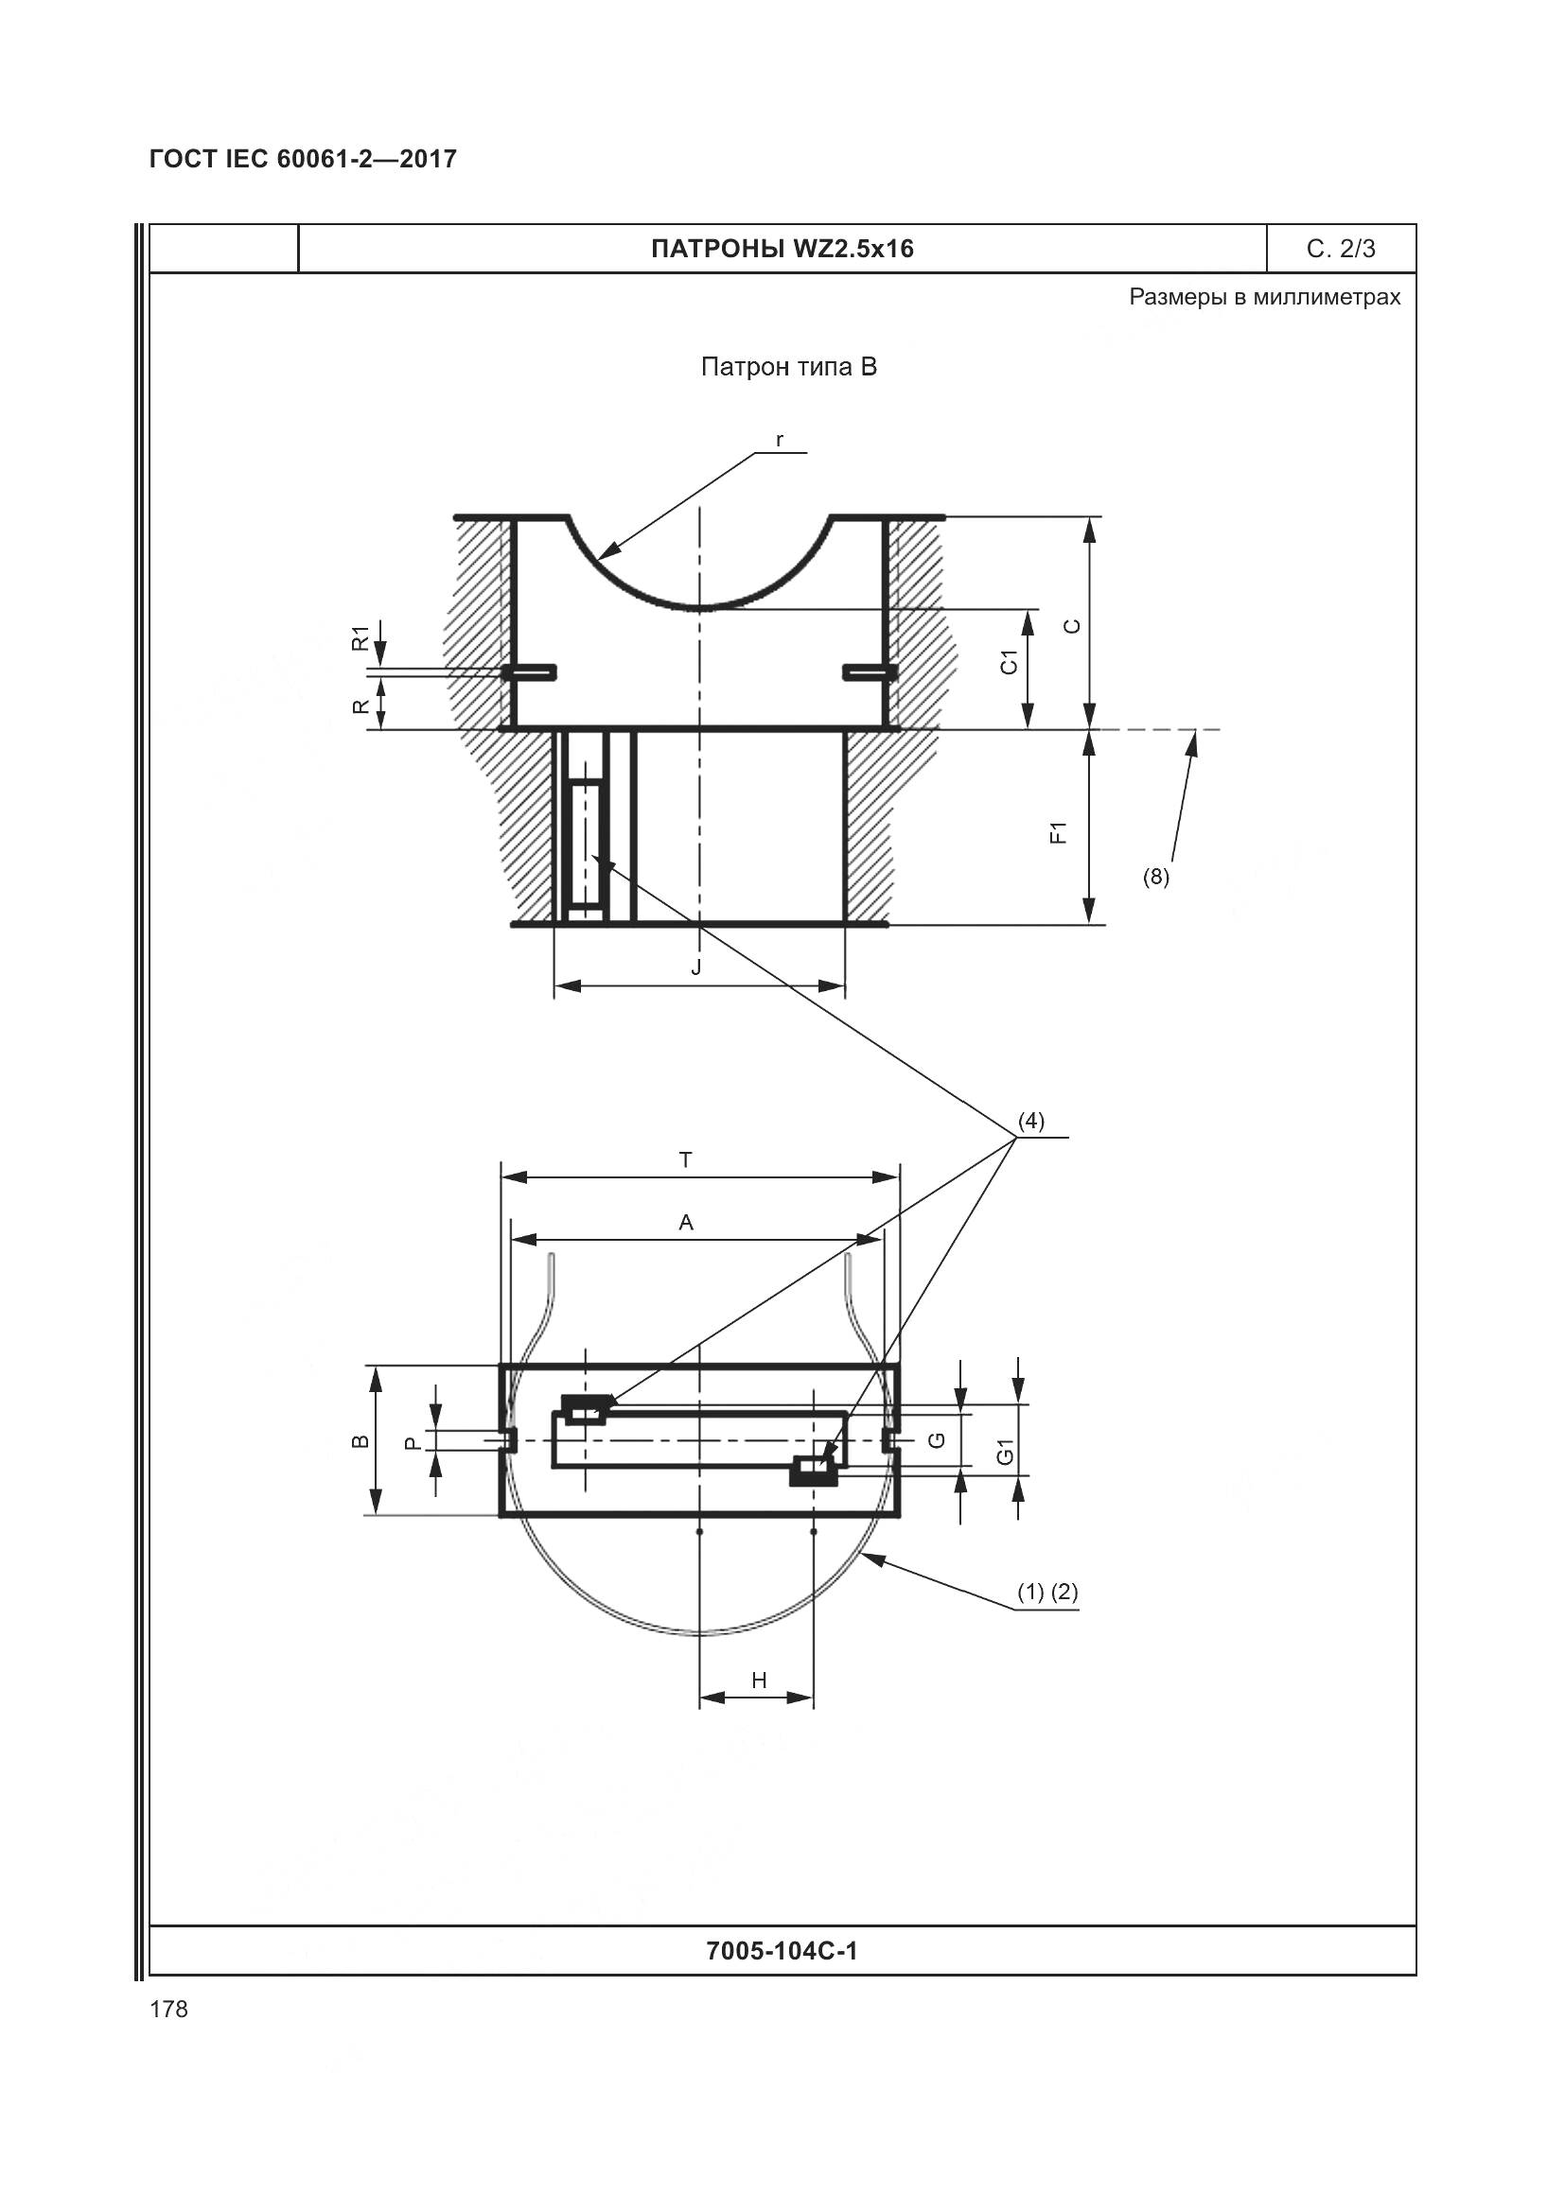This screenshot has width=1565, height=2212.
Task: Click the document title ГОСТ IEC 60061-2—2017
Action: point(303,159)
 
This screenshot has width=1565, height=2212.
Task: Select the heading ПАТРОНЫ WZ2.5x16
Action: point(782,249)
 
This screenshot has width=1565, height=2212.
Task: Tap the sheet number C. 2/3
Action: point(1341,249)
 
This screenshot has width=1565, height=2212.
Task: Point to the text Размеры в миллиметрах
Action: point(1264,297)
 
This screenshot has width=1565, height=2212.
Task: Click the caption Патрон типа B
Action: point(789,367)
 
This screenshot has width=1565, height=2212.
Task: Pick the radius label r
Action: point(780,441)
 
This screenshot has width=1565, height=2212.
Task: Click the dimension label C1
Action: point(1009,662)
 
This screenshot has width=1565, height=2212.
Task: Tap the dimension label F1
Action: point(1058,832)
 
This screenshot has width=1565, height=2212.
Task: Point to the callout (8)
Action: point(1155,877)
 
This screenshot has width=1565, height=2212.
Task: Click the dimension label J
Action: point(696,967)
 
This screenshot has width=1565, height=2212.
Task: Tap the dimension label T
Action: point(686,1160)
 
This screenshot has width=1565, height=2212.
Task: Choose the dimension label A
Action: point(686,1223)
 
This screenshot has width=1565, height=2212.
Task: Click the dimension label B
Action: point(360,1441)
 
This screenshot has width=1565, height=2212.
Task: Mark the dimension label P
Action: point(413,1443)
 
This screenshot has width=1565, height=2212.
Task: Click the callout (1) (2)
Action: point(1047,1593)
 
